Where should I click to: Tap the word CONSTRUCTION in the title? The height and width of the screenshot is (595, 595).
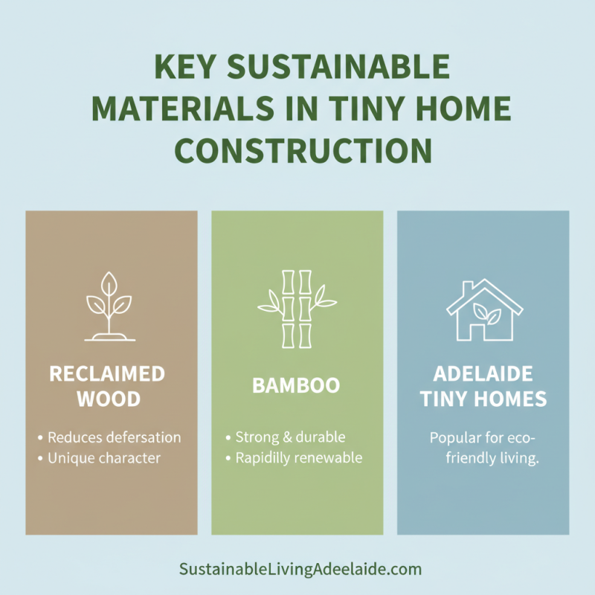[x=303, y=151]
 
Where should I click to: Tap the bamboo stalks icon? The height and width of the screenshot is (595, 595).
[x=296, y=308]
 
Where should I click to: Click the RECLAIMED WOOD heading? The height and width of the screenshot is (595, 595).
[x=110, y=385]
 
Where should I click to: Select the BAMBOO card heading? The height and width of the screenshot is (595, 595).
[x=296, y=385]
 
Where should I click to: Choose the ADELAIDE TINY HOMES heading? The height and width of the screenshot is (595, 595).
[x=483, y=385]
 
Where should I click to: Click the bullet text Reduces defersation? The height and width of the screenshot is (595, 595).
[x=114, y=437]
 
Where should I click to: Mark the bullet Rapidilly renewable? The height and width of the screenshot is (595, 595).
[x=298, y=458]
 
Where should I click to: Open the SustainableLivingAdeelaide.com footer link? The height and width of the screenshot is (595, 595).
[x=300, y=570]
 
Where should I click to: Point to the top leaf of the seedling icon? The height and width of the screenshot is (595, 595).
[x=110, y=283]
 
